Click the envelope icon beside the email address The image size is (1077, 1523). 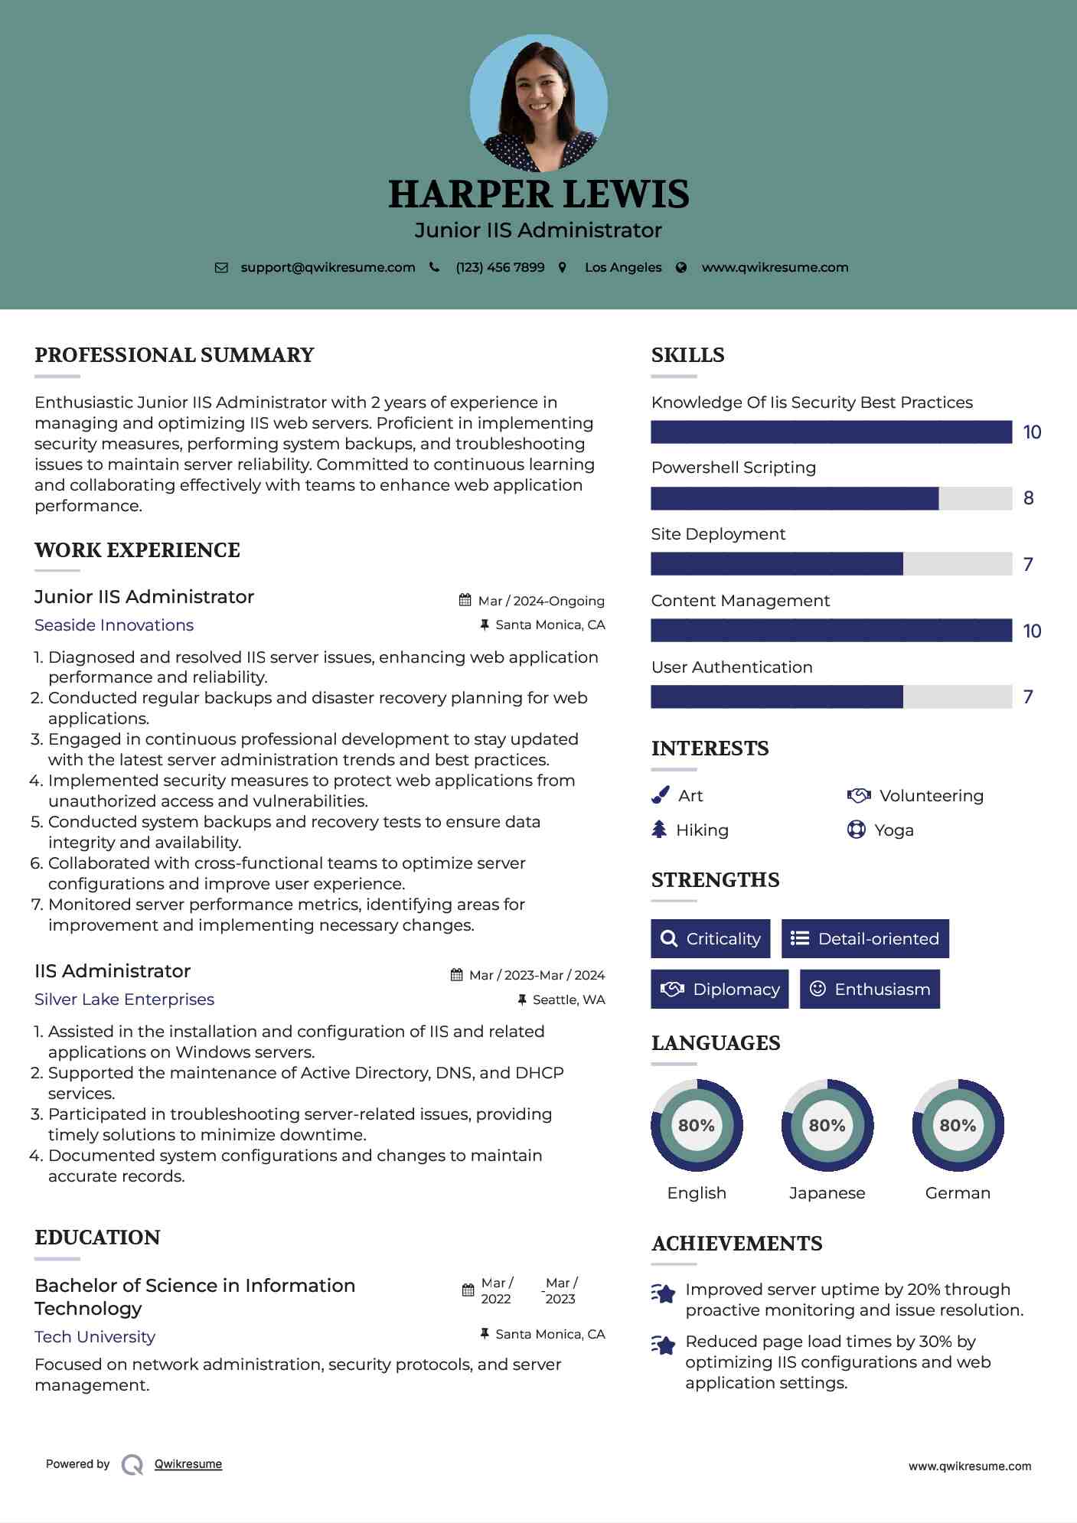(221, 268)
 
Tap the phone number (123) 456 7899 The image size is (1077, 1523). (500, 268)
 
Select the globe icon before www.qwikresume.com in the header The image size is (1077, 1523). (681, 268)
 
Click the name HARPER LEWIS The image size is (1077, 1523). (538, 194)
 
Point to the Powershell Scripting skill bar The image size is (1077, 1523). (831, 498)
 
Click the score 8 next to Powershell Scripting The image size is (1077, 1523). (1029, 498)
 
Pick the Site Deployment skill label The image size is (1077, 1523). (718, 534)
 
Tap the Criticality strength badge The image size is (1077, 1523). (710, 938)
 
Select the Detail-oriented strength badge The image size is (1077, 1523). (865, 938)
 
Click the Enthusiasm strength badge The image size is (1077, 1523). (870, 989)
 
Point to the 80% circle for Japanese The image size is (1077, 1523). (827, 1125)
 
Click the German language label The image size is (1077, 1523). (958, 1193)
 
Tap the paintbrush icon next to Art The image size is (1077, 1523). (660, 796)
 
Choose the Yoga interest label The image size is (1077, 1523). (894, 830)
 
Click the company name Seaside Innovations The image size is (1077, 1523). (114, 625)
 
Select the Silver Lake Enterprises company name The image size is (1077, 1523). (124, 1000)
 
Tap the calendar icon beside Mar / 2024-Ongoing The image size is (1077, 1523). (465, 601)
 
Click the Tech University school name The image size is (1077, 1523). (95, 1337)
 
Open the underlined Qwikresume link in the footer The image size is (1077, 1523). (188, 1464)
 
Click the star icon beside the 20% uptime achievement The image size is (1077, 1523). (664, 1293)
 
